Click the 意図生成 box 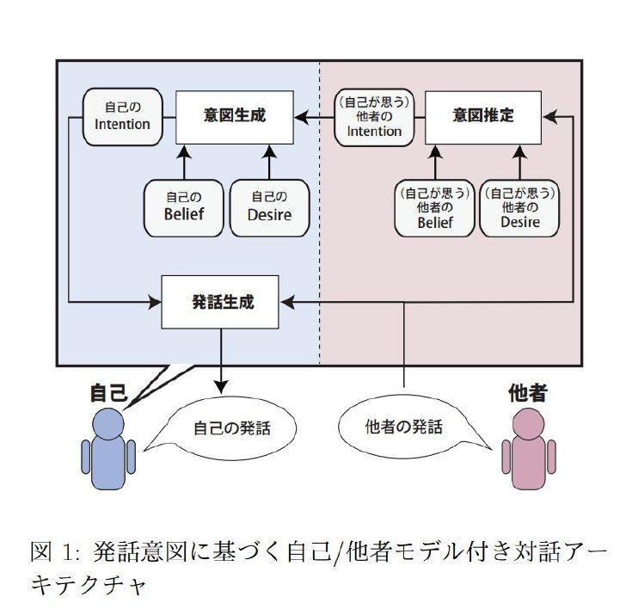(x=235, y=117)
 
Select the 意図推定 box (x=483, y=117)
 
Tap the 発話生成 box (x=220, y=302)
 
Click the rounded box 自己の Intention (x=123, y=117)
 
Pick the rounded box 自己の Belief (x=184, y=208)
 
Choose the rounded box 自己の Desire (x=269, y=208)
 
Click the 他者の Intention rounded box (x=374, y=117)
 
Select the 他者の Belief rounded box (x=435, y=208)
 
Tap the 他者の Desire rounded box (x=519, y=208)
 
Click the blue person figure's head (x=108, y=424)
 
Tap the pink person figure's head (x=528, y=424)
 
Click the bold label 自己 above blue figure (x=108, y=392)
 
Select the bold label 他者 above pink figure (x=527, y=392)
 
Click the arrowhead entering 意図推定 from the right (x=549, y=117)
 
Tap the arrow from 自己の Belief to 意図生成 (x=184, y=163)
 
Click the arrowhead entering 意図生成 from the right (x=302, y=117)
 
